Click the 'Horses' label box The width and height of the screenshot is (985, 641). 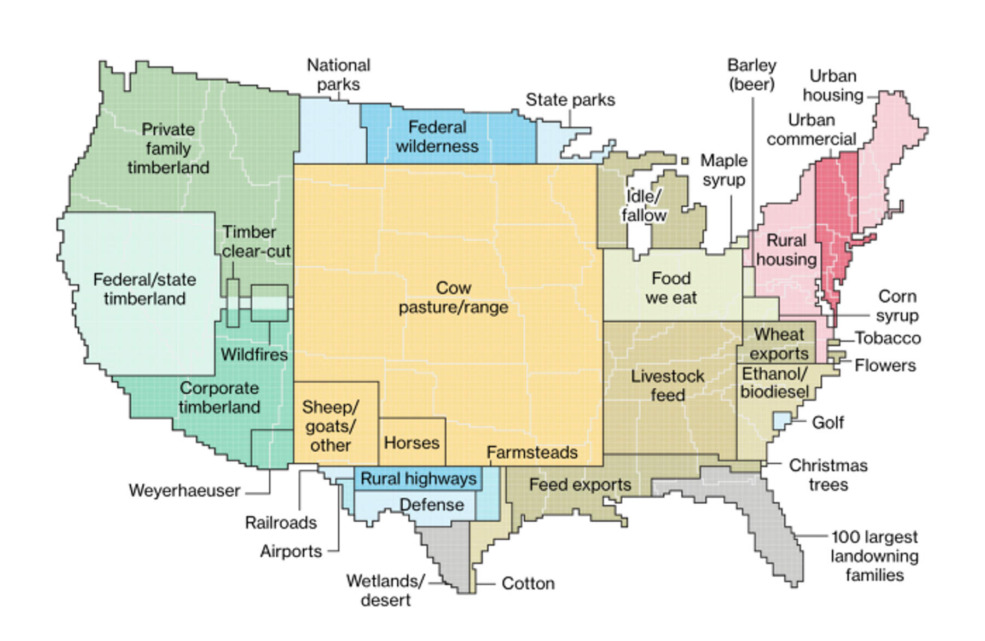click(x=412, y=442)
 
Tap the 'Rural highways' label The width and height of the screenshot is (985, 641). click(x=419, y=479)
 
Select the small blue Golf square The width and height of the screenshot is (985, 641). click(x=781, y=421)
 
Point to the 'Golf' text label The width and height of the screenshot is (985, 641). click(x=827, y=422)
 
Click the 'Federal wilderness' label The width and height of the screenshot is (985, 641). click(x=437, y=137)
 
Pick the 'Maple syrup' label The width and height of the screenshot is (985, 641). click(x=723, y=170)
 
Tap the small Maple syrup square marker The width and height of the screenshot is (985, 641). click(x=685, y=161)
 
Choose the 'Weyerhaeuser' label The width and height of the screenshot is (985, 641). click(x=184, y=491)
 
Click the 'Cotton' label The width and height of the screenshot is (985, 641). click(x=528, y=584)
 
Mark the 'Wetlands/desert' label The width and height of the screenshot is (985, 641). click(x=385, y=590)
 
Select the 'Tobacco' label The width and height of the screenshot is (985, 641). click(x=888, y=338)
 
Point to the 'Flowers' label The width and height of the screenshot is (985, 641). click(x=885, y=365)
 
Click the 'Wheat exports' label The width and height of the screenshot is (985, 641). click(x=779, y=343)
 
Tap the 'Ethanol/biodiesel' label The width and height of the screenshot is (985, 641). click(x=774, y=382)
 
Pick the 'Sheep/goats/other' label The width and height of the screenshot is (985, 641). click(x=330, y=426)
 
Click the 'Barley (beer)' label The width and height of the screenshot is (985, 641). click(x=751, y=74)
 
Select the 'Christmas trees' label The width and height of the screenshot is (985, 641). click(x=828, y=475)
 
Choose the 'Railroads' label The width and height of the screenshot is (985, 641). click(x=281, y=523)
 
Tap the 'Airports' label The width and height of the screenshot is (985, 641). click(x=291, y=551)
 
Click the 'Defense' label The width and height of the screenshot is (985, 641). click(x=431, y=504)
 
